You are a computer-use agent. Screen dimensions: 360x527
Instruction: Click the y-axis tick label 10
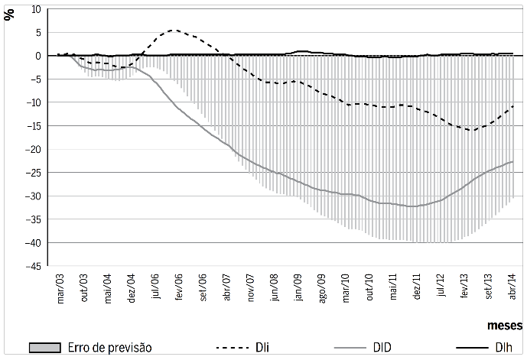(35, 9)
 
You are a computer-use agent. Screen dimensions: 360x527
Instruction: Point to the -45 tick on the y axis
(32, 267)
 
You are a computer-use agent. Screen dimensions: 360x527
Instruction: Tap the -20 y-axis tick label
(32, 150)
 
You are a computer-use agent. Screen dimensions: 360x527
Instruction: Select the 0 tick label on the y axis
(37, 56)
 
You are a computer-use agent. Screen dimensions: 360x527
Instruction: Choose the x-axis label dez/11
(417, 287)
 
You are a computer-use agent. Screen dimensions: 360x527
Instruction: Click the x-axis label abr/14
(512, 287)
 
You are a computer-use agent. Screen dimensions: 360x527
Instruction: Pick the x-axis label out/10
(369, 287)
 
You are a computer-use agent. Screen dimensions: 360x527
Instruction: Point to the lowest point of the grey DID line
(413, 206)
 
